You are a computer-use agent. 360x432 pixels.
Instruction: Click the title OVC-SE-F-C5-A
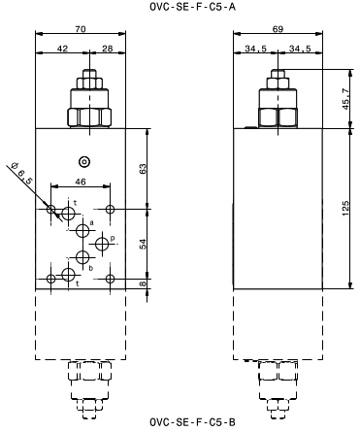pos(192,7)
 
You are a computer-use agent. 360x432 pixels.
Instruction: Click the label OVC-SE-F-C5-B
pos(192,422)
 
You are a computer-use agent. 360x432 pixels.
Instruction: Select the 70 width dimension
pos(81,29)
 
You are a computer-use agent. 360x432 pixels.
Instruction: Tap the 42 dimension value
pos(62,49)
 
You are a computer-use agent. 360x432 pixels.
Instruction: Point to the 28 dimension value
pos(108,49)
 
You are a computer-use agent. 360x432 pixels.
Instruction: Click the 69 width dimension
pos(278,29)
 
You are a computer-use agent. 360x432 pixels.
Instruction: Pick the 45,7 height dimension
pos(345,99)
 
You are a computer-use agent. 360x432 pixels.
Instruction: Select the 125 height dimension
pos(345,209)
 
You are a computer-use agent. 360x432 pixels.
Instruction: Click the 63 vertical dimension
pos(143,169)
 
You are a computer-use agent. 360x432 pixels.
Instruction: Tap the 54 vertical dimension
pos(143,244)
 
